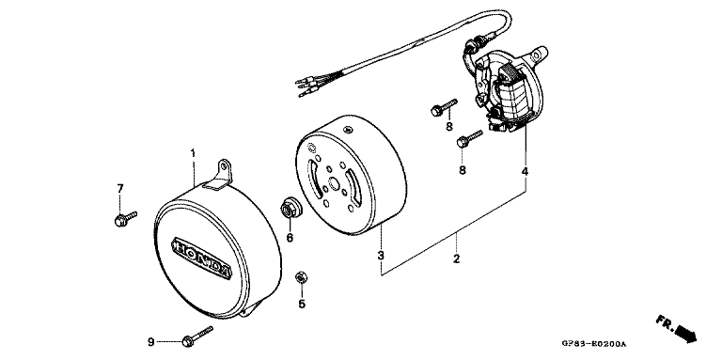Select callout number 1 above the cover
193,152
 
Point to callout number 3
380,256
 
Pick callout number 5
302,304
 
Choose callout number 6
290,238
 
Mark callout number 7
119,189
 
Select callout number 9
150,342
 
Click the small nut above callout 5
302,277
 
